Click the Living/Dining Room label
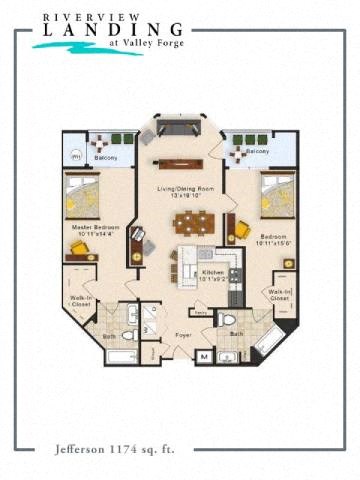[x=181, y=191]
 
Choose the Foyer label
[x=183, y=335]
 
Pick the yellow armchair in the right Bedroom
[x=241, y=230]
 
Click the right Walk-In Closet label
[x=279, y=295]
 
